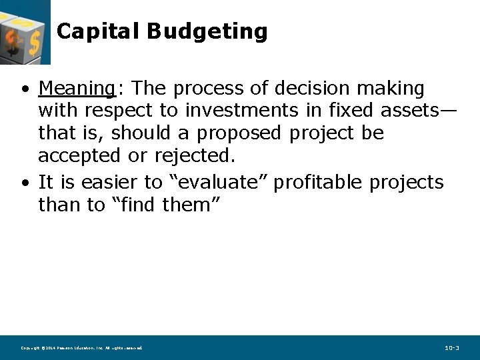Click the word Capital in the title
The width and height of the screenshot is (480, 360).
point(98,31)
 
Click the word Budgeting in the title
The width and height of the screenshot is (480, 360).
point(207,31)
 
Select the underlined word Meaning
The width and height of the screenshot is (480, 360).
point(77,88)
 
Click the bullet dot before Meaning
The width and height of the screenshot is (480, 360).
point(25,89)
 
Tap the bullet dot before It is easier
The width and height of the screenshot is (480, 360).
point(25,183)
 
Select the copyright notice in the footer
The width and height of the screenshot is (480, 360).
point(81,348)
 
